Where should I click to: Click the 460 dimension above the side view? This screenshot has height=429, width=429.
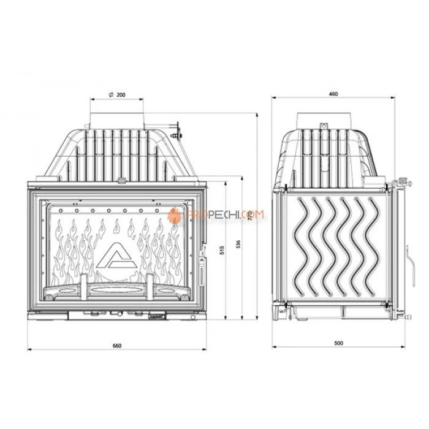click(x=333, y=94)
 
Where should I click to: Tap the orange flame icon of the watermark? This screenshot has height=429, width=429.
click(x=175, y=215)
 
